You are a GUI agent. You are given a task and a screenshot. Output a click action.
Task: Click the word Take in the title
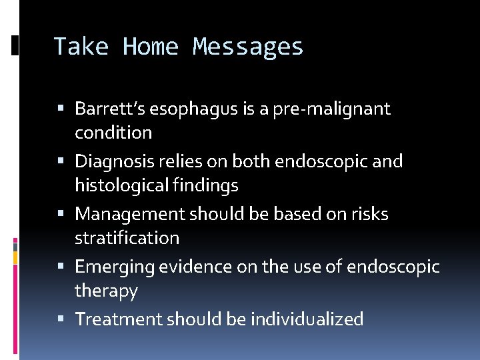click(x=81, y=47)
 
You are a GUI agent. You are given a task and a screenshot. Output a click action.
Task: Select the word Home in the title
click(x=151, y=47)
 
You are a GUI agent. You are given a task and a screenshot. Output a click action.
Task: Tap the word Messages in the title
click(x=248, y=47)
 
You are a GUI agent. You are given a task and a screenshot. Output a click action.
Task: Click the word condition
click(x=113, y=133)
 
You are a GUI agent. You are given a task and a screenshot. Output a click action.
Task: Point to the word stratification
click(x=127, y=238)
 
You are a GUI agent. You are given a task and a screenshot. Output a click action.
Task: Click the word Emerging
click(x=111, y=267)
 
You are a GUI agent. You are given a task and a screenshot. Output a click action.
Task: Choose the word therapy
click(x=106, y=291)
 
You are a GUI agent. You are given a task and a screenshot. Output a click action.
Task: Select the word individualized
click(x=307, y=319)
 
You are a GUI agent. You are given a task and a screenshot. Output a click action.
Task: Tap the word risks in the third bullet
click(x=371, y=214)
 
